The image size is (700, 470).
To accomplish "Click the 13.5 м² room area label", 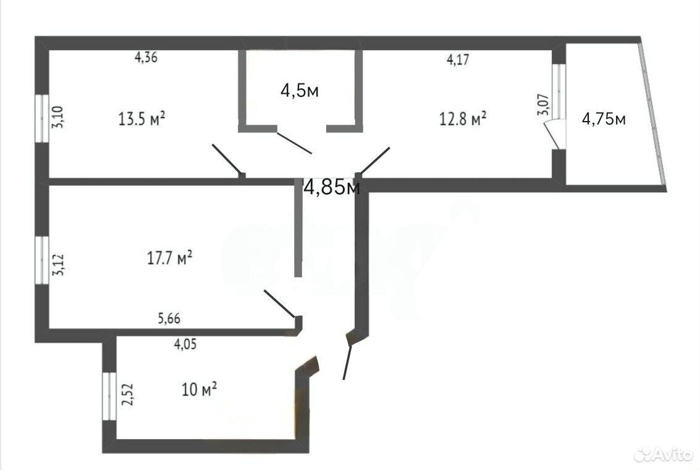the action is click(141, 119).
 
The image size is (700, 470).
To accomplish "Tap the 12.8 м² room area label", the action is click(463, 119).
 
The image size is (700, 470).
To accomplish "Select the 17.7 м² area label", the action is click(170, 258).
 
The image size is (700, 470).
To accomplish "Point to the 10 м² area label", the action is click(199, 388).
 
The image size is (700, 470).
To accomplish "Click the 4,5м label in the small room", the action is click(300, 91).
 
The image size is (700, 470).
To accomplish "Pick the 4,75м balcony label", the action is click(604, 119).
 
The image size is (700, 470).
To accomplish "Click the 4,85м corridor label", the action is click(331, 187).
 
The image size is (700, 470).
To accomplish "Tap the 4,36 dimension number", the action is click(146, 57).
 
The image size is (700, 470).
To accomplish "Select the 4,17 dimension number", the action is click(458, 59).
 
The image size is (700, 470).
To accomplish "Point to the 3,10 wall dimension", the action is click(58, 117).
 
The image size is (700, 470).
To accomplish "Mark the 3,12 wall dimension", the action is click(59, 265).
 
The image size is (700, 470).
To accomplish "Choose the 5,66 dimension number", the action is click(169, 318).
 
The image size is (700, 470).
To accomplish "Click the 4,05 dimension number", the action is click(185, 344).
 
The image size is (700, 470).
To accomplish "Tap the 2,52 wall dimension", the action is click(128, 395).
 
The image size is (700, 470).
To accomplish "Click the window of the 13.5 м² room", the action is click(42, 119).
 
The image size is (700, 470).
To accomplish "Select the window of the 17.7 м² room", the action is click(42, 260).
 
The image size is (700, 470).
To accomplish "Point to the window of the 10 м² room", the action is click(109, 397).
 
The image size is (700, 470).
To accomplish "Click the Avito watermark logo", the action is click(664, 455).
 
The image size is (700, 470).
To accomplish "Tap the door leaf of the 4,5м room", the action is click(294, 143).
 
